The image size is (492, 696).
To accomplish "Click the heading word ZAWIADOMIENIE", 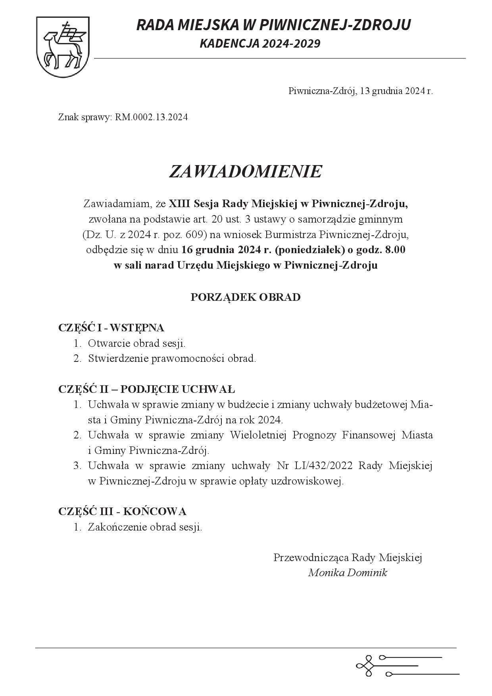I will coord(245,171).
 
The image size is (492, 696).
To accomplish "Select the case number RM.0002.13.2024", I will coord(151,117).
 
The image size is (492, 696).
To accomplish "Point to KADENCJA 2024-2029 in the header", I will coord(260,43).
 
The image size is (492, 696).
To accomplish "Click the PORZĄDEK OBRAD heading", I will coord(245,297).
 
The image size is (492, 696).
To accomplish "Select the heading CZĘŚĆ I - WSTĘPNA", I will coord(111,328).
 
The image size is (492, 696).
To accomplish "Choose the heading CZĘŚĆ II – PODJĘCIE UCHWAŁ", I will coord(147,389).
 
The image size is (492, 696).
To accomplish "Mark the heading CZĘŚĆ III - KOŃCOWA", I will coord(122,511).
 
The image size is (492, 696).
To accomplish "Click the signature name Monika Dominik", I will coord(348,573).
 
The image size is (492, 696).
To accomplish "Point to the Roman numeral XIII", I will coord(179,204).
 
